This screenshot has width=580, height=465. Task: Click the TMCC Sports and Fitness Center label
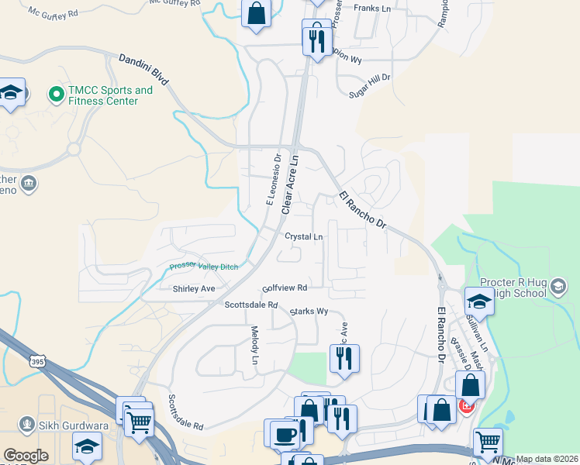(110, 95)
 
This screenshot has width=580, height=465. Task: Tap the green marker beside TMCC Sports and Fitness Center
(56, 95)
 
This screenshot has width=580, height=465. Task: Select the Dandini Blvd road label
(143, 70)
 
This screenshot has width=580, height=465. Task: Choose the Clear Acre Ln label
(289, 184)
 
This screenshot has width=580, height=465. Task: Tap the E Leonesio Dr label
(273, 181)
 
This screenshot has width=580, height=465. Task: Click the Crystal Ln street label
(303, 236)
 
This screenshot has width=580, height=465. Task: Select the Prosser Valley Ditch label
(204, 267)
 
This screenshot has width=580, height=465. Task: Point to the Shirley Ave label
(194, 288)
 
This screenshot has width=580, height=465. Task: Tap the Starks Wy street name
(309, 312)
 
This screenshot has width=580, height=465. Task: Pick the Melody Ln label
(254, 345)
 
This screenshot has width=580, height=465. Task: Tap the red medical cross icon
(466, 405)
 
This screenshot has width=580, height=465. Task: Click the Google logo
(26, 456)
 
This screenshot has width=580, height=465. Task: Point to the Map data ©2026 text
(547, 459)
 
